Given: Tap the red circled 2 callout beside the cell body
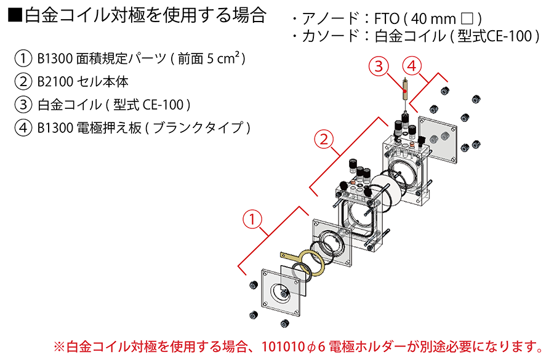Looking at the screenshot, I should [324, 140].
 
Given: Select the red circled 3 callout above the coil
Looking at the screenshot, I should [380, 65].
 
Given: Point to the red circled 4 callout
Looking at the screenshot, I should [412, 65].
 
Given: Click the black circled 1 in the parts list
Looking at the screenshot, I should [23, 59].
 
